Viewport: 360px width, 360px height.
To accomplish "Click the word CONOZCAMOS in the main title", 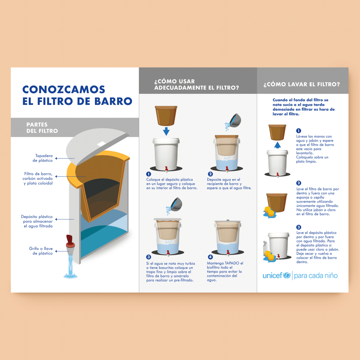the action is pyautogui.click(x=64, y=90).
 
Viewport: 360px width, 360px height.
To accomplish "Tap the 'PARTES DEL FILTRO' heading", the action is pyautogui.click(x=42, y=128).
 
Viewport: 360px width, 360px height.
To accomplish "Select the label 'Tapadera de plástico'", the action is pyautogui.click(x=43, y=158).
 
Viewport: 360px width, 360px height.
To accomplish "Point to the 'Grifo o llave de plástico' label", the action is pyautogui.click(x=41, y=251).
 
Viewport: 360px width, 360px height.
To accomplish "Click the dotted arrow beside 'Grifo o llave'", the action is pyautogui.click(x=62, y=251).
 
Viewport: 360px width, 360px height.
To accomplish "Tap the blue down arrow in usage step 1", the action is pyautogui.click(x=166, y=131).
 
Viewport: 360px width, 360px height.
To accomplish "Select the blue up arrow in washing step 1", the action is pyautogui.click(x=278, y=145).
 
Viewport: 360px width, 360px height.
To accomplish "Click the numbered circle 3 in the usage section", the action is pyautogui.click(x=149, y=257).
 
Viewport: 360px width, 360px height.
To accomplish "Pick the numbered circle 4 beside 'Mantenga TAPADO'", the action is pyautogui.click(x=210, y=257).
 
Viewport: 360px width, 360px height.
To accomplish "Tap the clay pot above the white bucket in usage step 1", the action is pyautogui.click(x=166, y=116).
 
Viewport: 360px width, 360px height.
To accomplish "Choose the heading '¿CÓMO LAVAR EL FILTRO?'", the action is pyautogui.click(x=301, y=84).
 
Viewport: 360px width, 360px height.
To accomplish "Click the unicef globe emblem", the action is pyautogui.click(x=287, y=275).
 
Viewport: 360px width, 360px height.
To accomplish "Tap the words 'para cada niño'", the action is pyautogui.click(x=316, y=276).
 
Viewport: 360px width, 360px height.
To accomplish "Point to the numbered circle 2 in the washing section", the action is pyautogui.click(x=298, y=183).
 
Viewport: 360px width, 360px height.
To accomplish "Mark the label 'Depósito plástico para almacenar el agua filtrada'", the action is pyautogui.click(x=37, y=221).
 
